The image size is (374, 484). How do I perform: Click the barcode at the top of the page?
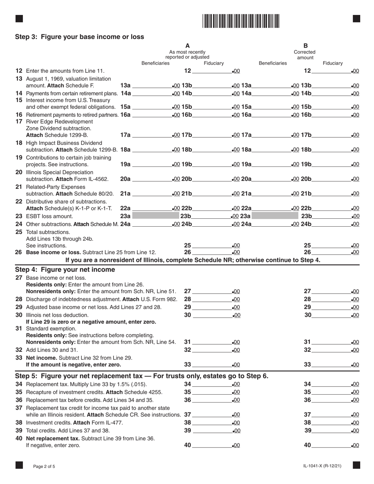(241, 20)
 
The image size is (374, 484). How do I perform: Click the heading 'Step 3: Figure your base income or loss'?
(80, 37)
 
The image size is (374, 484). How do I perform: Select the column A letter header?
(187, 45)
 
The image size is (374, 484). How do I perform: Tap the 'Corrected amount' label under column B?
(305, 55)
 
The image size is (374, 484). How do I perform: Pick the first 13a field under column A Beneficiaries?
(152, 86)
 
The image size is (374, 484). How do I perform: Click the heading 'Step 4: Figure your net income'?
(65, 270)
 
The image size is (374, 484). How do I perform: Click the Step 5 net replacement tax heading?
(142, 376)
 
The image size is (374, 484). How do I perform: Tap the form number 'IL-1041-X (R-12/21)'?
(320, 466)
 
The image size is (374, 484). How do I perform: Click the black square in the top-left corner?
(19, 18)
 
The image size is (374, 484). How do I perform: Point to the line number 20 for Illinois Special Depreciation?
(19, 172)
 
